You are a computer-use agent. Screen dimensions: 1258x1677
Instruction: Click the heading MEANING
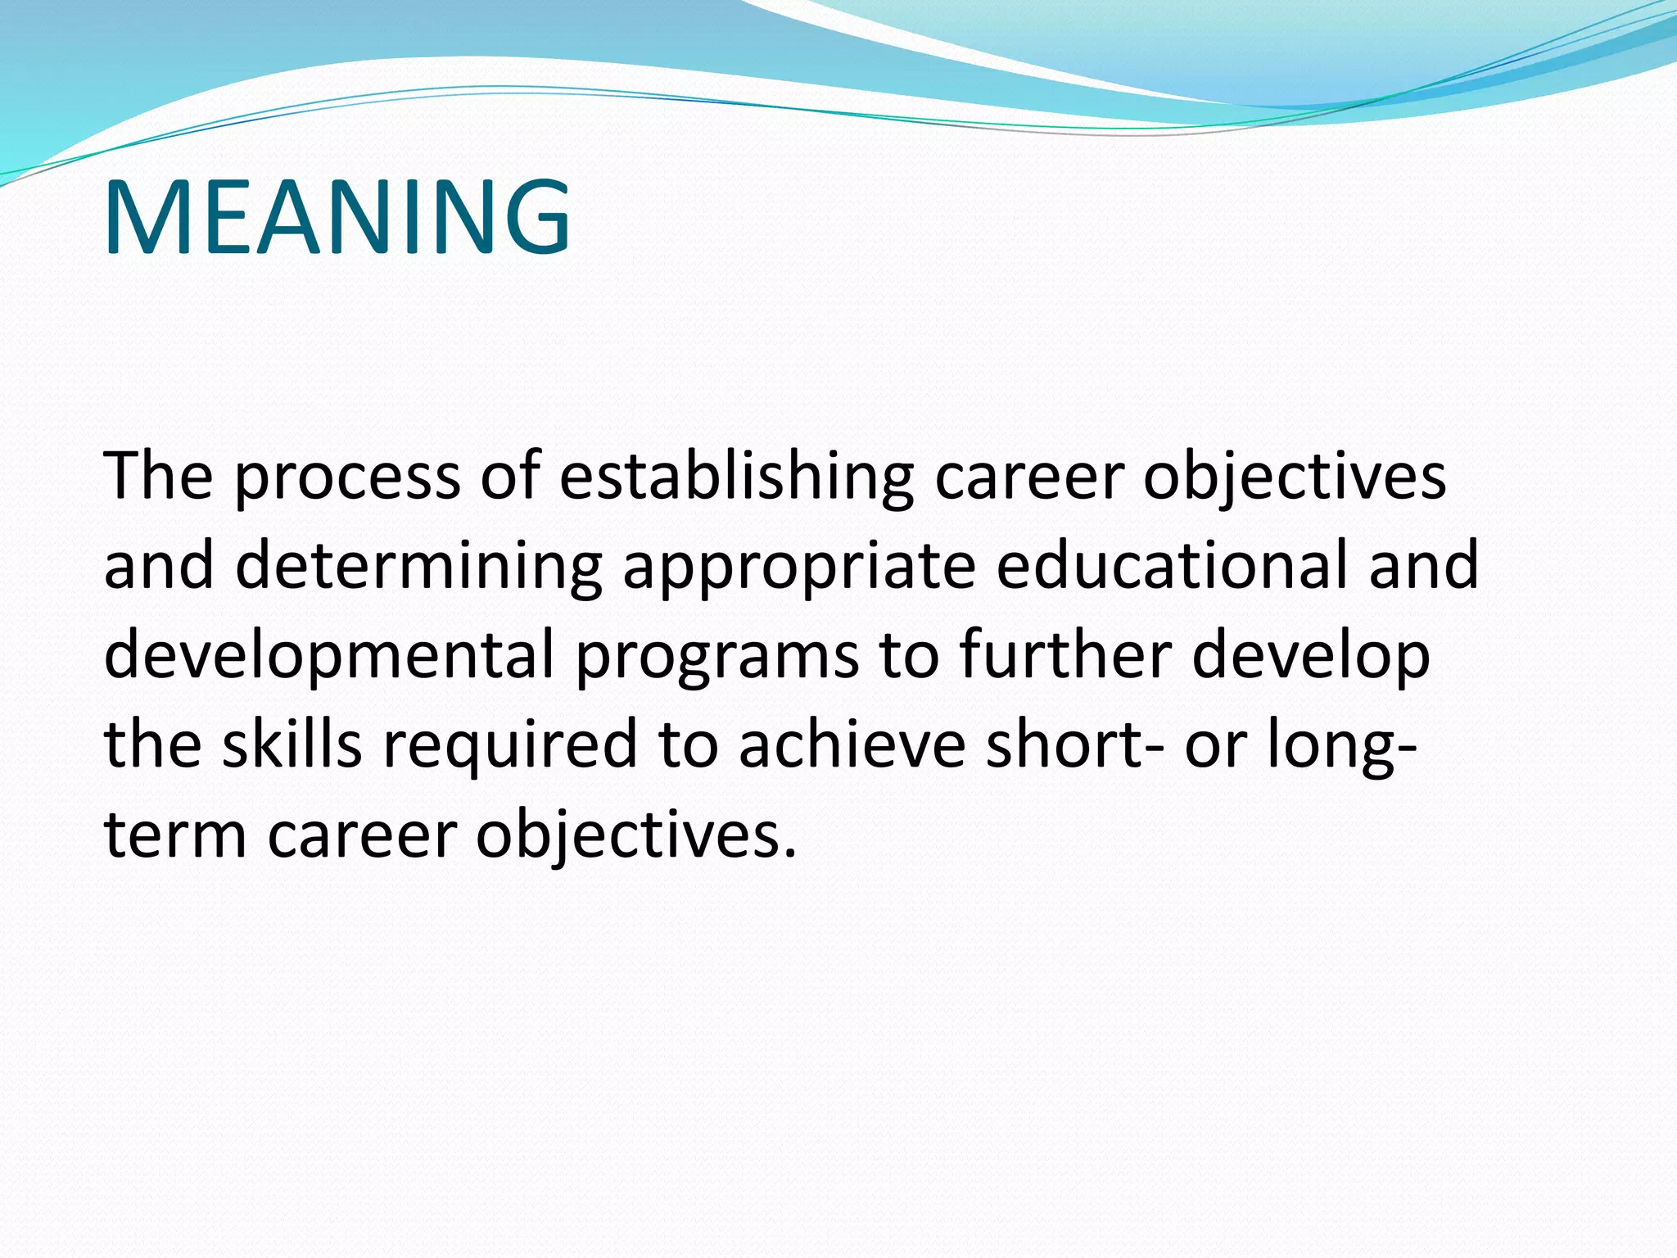point(337,217)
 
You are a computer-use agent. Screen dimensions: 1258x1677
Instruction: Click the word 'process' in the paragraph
point(347,477)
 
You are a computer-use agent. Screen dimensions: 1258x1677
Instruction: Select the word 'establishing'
point(736,477)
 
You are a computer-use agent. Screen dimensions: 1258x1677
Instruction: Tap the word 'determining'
point(418,567)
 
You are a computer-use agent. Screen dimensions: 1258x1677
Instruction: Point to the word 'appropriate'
point(798,567)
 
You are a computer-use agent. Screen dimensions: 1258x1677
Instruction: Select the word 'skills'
point(292,744)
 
